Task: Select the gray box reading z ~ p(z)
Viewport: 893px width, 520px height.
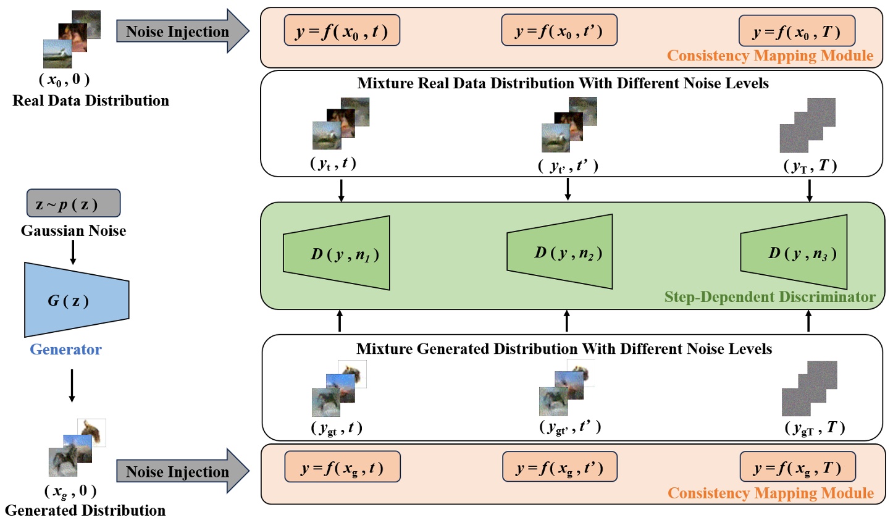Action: click(x=73, y=204)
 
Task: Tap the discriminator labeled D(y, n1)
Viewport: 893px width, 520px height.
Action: click(x=337, y=253)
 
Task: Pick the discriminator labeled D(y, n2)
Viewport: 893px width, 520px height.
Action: click(x=560, y=252)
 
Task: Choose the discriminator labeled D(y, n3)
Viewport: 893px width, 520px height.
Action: click(x=794, y=253)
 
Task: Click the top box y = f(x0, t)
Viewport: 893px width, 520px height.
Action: click(x=342, y=31)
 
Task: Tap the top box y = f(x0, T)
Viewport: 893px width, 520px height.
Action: click(x=797, y=31)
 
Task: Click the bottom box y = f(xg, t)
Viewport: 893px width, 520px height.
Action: click(x=342, y=467)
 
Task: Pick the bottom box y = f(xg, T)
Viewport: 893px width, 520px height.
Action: click(x=797, y=467)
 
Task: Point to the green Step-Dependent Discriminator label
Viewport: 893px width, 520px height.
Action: click(x=769, y=297)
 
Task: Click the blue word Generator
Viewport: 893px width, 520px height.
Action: click(x=65, y=350)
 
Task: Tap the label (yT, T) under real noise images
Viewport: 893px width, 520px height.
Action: click(x=810, y=166)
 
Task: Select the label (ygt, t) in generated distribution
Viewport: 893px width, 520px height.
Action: click(x=336, y=428)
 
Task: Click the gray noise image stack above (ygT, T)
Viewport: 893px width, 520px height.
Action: click(x=809, y=388)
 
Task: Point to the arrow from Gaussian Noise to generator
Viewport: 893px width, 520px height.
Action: click(x=73, y=252)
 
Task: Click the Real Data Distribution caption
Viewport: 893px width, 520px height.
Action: click(x=91, y=101)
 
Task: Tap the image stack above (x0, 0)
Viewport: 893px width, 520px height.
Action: click(x=71, y=39)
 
